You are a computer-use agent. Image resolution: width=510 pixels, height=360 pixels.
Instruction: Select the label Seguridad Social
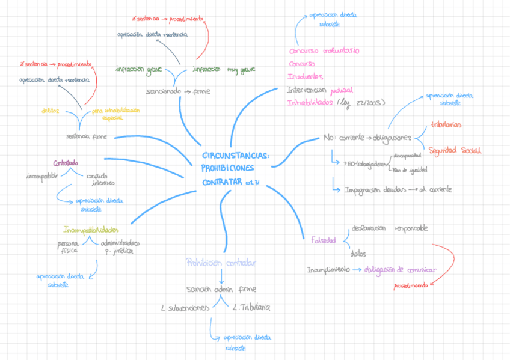455,150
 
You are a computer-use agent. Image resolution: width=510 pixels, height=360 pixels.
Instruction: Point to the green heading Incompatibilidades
91,230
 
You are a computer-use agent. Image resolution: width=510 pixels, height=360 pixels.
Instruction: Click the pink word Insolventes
305,76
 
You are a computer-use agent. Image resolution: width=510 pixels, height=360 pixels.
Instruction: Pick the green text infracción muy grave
224,70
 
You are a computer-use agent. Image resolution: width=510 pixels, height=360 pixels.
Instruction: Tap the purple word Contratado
65,163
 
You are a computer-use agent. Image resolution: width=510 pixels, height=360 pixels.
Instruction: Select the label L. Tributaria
251,308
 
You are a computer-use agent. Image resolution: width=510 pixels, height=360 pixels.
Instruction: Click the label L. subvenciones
185,308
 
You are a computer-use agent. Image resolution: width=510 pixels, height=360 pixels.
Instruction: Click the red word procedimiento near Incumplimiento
411,285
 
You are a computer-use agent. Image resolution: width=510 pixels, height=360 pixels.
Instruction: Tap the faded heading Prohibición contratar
221,263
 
